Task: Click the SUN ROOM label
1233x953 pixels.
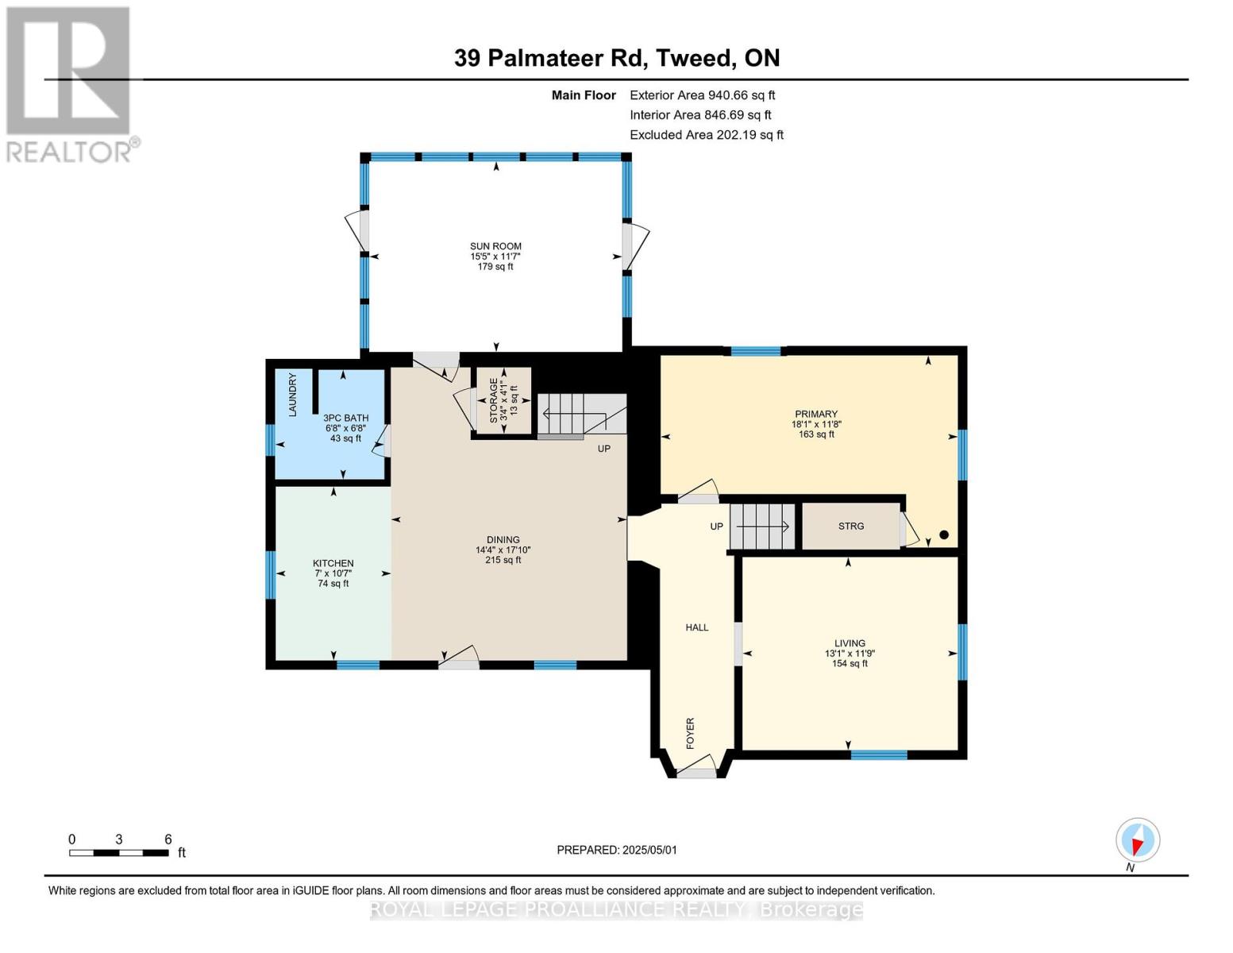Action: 495,246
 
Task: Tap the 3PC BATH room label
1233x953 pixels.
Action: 345,418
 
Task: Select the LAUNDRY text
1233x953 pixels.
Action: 293,395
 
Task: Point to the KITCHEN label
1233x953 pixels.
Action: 333,563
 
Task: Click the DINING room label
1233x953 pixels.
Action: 503,540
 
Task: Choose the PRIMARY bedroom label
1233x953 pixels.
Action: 816,414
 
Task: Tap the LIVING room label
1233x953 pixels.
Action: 850,643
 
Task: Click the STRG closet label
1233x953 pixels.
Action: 851,527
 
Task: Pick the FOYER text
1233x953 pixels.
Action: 691,733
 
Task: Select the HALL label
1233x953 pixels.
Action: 697,627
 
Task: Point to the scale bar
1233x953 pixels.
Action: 119,853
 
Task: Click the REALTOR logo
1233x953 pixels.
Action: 71,84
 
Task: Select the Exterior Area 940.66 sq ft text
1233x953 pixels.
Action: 702,95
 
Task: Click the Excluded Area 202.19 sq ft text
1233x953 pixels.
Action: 707,135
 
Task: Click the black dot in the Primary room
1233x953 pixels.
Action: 944,534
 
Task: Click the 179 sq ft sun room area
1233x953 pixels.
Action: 495,266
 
